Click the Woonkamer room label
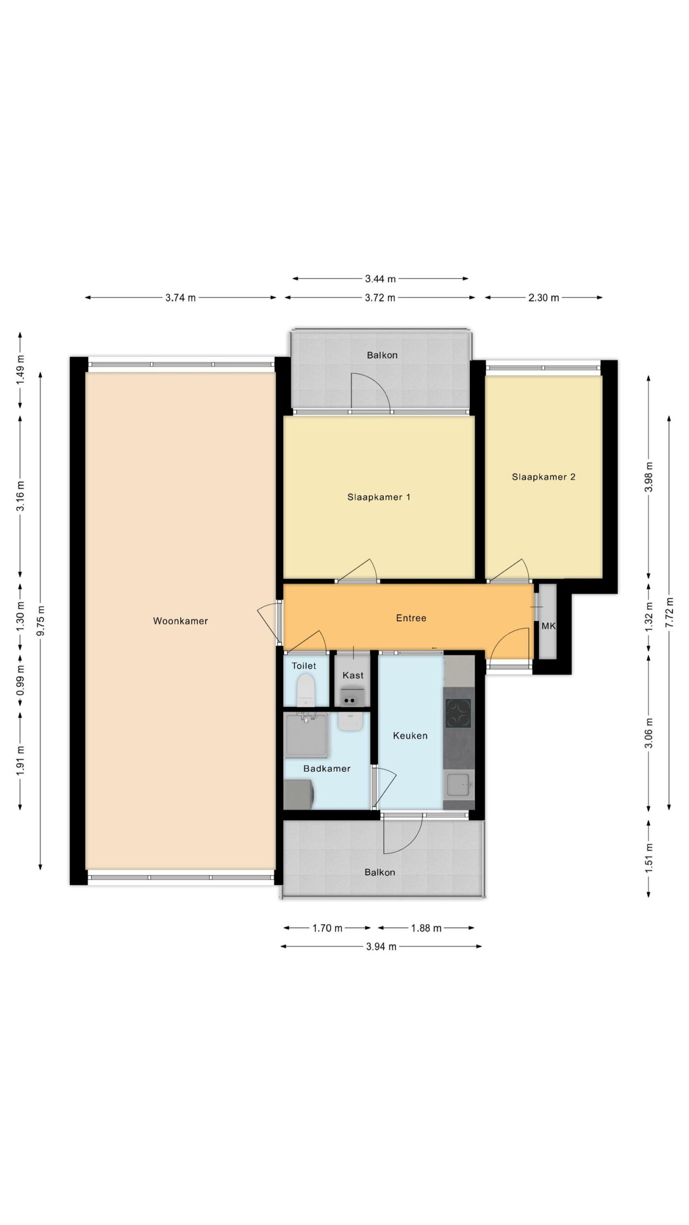coord(180,621)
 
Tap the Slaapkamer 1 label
coord(378,497)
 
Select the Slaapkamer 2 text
coord(544,477)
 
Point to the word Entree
coord(411,618)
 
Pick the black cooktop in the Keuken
coord(458,713)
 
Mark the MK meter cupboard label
coord(548,625)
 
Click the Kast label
coord(353,675)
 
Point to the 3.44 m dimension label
coord(380,278)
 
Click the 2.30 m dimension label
coord(544,298)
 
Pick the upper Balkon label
coord(382,355)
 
